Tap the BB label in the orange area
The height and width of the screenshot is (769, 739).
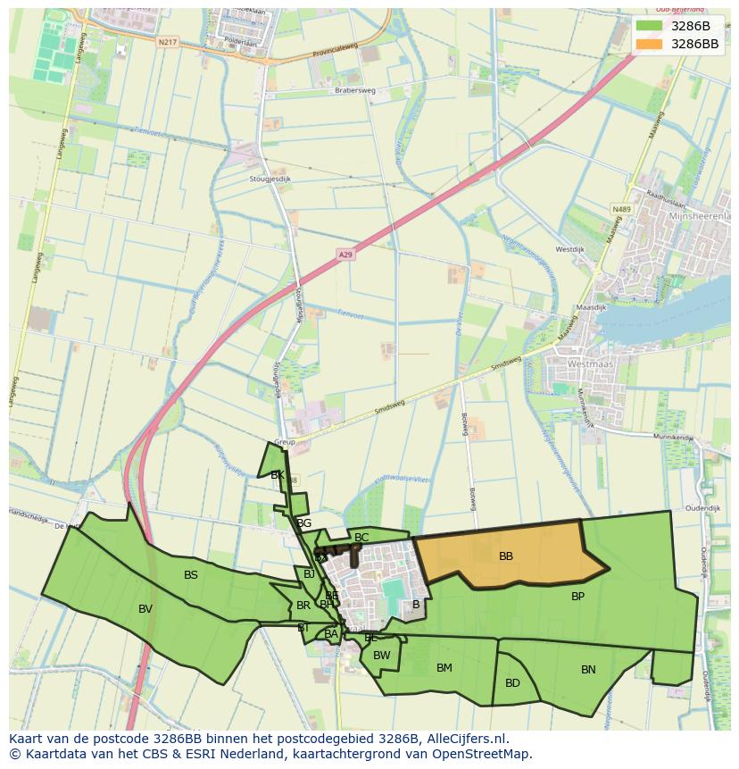pyautogui.click(x=506, y=556)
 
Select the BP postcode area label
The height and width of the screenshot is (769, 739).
pyautogui.click(x=577, y=596)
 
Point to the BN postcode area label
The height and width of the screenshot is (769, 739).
pyautogui.click(x=588, y=670)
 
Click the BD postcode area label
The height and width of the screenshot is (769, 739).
pyautogui.click(x=512, y=683)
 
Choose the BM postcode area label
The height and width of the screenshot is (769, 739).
pyautogui.click(x=444, y=667)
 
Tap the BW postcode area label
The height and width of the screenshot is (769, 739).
pyautogui.click(x=382, y=655)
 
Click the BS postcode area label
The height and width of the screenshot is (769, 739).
pyautogui.click(x=191, y=575)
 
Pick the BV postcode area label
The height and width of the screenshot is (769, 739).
pyautogui.click(x=145, y=609)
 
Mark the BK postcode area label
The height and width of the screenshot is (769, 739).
pyautogui.click(x=278, y=475)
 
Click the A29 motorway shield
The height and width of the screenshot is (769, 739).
pyautogui.click(x=346, y=255)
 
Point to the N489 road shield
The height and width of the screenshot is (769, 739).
pyautogui.click(x=621, y=209)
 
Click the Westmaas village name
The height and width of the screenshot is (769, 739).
pyautogui.click(x=588, y=364)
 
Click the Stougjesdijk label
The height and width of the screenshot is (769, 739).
pyautogui.click(x=271, y=179)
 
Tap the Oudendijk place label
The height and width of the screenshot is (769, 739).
pyautogui.click(x=702, y=508)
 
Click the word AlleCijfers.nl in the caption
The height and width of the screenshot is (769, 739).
pyautogui.click(x=464, y=740)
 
